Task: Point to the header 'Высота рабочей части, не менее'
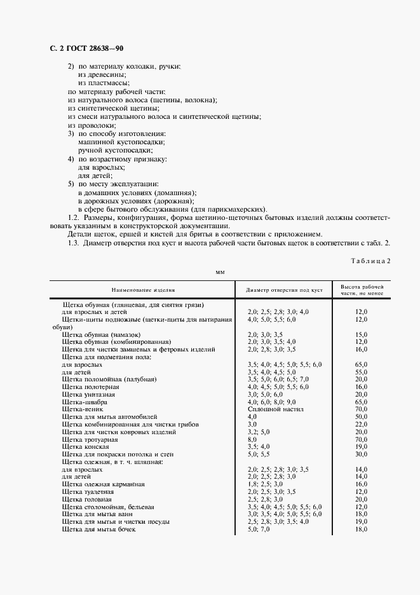click(362, 290)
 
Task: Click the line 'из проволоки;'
click(91, 125)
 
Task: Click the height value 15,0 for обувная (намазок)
click(362, 334)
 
